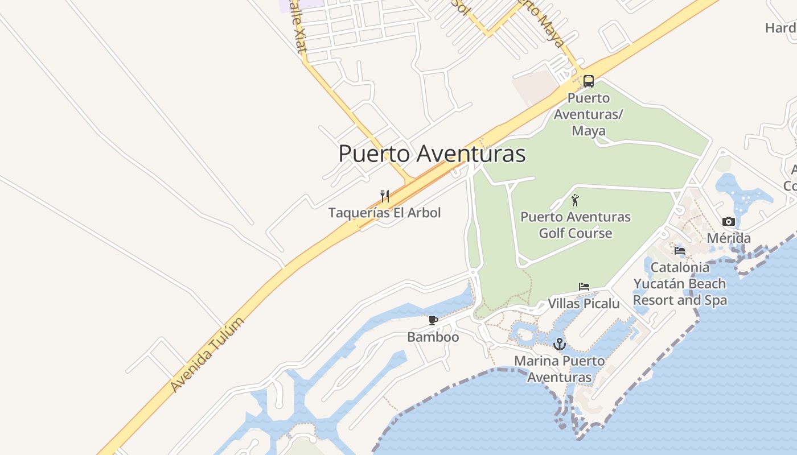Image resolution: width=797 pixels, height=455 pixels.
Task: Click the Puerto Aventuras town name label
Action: (x=432, y=154)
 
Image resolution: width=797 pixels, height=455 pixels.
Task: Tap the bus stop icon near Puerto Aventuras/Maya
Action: (x=589, y=81)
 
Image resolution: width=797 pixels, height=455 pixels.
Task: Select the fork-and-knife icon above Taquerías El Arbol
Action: (x=385, y=196)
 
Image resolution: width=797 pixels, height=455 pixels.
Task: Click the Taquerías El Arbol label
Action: (x=385, y=213)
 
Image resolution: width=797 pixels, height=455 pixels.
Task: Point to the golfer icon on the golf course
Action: (x=575, y=200)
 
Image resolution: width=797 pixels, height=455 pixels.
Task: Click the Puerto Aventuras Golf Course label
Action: (x=576, y=225)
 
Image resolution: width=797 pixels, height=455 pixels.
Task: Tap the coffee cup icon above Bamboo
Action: (x=433, y=321)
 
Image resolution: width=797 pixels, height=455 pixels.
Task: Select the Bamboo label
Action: (x=433, y=337)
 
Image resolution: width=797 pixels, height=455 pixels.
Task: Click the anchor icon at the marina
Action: (x=560, y=344)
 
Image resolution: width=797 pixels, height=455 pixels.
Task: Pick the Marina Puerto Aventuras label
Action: (x=560, y=369)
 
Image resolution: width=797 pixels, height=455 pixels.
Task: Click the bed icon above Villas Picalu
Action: (x=584, y=287)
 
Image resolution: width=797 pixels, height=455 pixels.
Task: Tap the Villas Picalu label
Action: (x=584, y=304)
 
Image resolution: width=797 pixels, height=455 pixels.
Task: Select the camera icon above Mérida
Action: (x=728, y=222)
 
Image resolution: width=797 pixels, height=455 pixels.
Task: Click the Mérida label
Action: (x=729, y=238)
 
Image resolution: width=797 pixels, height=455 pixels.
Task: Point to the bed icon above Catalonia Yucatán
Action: (x=680, y=251)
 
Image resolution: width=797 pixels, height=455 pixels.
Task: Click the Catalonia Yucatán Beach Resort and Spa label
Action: (x=680, y=283)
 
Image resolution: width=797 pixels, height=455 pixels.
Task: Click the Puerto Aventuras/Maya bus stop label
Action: (x=589, y=114)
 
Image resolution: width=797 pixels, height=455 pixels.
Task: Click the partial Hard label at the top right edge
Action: (x=780, y=28)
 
